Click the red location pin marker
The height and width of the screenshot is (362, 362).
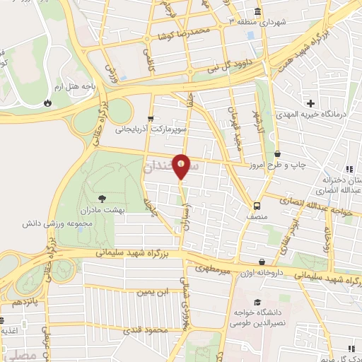click(182, 167)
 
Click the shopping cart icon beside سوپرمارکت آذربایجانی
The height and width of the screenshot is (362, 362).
click(149, 119)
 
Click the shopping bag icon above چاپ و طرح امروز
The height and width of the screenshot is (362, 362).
click(277, 153)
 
